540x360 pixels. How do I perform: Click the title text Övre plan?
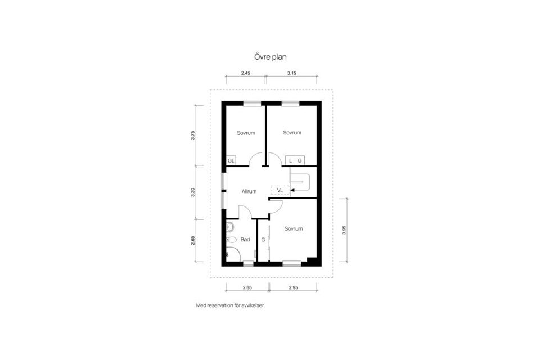point(271,57)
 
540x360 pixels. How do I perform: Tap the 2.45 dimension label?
point(246,73)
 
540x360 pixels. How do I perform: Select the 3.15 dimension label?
point(292,73)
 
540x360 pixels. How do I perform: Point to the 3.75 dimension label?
point(193,135)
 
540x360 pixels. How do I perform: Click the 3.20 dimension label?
point(193,192)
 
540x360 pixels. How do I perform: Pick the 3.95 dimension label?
point(344,230)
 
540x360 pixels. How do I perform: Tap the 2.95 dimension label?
point(294,287)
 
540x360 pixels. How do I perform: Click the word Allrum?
point(249,191)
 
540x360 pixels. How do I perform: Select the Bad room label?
point(245,240)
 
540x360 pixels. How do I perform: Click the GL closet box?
point(231,160)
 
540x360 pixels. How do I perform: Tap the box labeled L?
point(290,160)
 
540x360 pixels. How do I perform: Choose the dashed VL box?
point(280,190)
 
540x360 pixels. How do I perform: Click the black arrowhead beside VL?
point(292,190)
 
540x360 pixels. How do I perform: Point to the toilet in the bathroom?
point(231,240)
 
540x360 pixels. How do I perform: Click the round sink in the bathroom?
point(230,227)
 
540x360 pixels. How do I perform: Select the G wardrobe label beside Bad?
point(263,240)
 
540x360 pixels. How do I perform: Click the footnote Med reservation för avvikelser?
point(231,305)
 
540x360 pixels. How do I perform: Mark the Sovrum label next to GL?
point(246,133)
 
